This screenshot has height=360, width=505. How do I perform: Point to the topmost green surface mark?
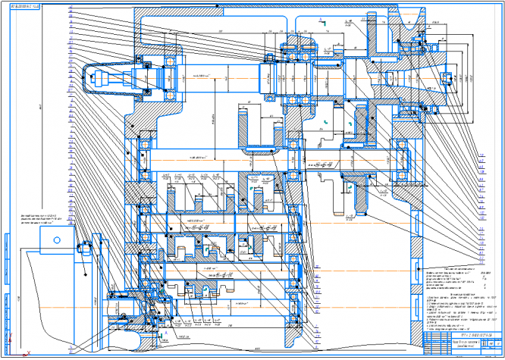pos(322,23)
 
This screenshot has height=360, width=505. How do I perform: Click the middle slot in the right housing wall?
pos(415,197)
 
